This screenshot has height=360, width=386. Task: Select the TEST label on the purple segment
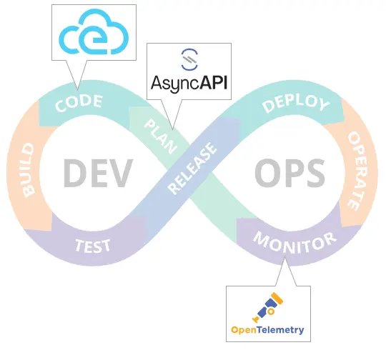pos(93,245)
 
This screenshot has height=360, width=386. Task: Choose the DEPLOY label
pos(295,104)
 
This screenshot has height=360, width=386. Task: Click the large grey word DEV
pos(98,172)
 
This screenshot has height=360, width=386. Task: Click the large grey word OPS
pos(289,172)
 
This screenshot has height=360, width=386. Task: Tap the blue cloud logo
pos(92,32)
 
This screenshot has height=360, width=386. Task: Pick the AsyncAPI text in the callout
pos(188,84)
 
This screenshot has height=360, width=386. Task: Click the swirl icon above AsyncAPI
pos(188,59)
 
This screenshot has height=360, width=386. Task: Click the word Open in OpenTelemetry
pos(244,330)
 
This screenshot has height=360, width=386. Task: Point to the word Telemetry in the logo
pos(281,330)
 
